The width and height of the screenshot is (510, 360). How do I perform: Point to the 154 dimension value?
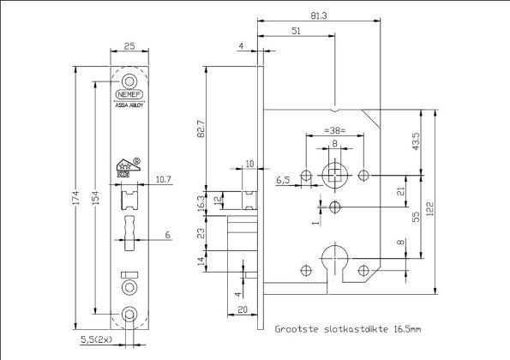pos(96,199)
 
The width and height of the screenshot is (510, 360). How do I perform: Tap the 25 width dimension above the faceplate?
pos(129,45)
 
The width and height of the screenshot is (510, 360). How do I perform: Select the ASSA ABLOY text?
pos(129,106)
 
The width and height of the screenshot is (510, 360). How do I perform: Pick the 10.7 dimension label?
pos(165,179)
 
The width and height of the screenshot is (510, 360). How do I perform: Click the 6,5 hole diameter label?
pos(284,182)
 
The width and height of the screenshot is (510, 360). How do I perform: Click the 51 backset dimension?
pos(297,30)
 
